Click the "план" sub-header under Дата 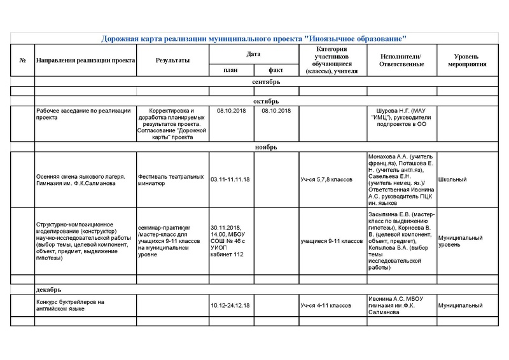[230, 71]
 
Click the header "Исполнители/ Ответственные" [400, 60]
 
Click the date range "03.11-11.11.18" [230, 179]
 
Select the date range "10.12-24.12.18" [230, 306]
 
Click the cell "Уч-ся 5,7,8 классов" [326, 179]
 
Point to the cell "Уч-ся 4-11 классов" [326, 306]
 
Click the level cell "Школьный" [452, 179]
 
